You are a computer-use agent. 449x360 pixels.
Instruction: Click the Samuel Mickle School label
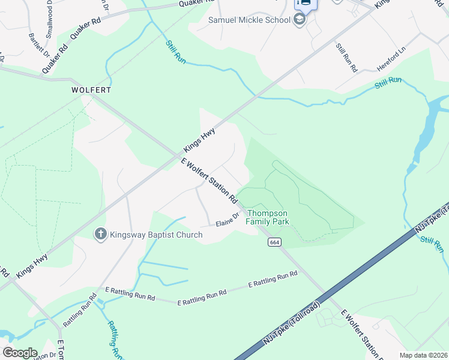pos(249,20)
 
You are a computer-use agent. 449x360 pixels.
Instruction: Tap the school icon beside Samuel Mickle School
pos(300,20)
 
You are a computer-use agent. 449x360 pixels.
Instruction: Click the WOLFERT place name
pos(91,90)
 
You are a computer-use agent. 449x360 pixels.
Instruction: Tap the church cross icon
pos(101,234)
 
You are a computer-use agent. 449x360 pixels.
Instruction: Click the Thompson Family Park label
pos(268,217)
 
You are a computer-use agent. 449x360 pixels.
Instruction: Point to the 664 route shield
pos(274,242)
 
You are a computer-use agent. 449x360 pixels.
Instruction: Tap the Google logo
pos(19,353)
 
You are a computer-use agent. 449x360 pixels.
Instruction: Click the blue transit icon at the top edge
pos(305,3)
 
